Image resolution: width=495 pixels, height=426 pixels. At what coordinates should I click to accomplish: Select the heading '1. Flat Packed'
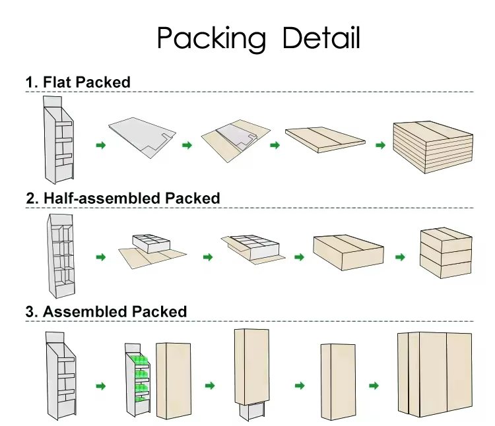(77, 82)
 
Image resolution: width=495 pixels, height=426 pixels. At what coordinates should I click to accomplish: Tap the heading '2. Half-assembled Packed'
(122, 197)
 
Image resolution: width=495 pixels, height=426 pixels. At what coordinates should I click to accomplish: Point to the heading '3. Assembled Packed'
(106, 311)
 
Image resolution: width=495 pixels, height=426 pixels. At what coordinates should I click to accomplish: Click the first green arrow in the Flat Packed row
(100, 144)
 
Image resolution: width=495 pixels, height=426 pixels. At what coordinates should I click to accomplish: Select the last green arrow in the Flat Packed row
(379, 144)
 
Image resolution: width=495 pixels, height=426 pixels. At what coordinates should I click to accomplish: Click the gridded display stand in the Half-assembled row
(61, 254)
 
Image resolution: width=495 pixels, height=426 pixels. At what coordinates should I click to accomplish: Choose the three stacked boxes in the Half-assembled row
(445, 254)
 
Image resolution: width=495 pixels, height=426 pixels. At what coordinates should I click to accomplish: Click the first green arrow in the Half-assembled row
(100, 257)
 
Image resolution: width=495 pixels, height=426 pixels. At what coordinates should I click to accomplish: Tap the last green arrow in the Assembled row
(374, 386)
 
